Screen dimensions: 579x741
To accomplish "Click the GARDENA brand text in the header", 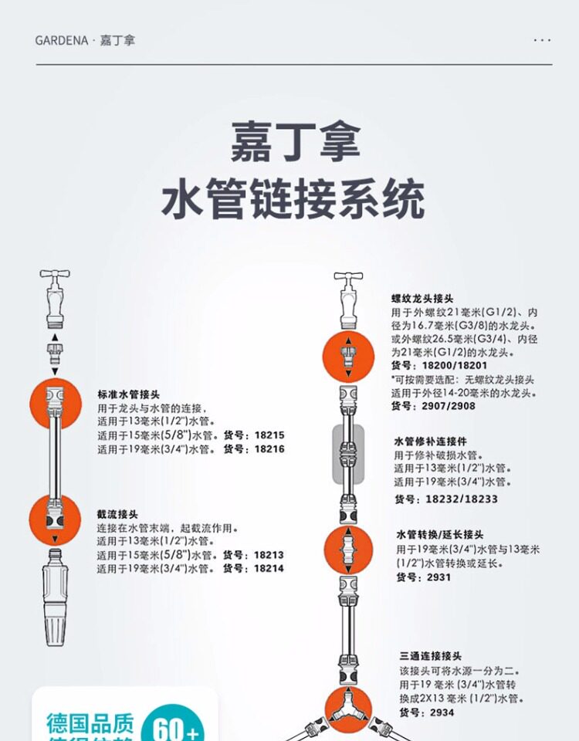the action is coord(63,40).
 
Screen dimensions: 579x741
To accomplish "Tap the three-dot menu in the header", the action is coord(543,40).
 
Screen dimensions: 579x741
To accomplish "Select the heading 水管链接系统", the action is coord(293,199).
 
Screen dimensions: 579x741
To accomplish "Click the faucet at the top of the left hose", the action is coord(55,296).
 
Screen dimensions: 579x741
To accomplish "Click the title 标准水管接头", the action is coord(129,393).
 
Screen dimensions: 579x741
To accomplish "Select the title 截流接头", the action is coord(117,513).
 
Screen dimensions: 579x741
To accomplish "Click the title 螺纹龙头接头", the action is coord(422,298).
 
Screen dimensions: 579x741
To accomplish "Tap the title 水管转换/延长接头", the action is coord(440,534).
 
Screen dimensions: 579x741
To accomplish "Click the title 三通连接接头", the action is coord(431,655).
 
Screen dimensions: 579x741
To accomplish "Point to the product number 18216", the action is coord(269,448).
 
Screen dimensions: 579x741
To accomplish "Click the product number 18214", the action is coord(269,569).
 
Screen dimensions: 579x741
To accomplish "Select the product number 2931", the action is coord(438,577).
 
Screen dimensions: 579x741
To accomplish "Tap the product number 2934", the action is coord(442,712).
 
